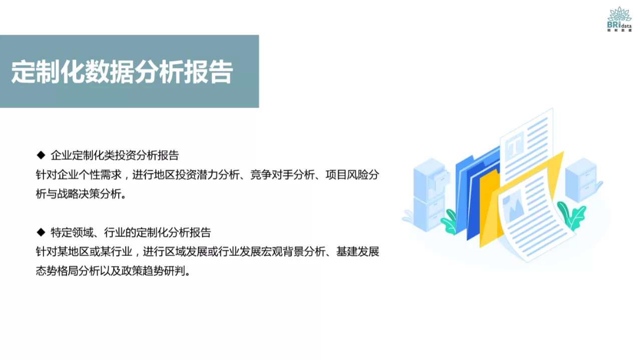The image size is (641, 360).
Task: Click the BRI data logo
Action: (619, 19)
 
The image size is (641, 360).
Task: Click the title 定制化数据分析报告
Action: (122, 72)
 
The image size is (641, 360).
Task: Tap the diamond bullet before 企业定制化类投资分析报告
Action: (41, 155)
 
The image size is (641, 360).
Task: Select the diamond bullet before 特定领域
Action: (41, 232)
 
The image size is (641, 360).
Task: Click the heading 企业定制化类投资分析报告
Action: (115, 155)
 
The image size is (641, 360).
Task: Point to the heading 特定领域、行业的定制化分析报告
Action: (131, 232)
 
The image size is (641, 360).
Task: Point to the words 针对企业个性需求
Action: (79, 175)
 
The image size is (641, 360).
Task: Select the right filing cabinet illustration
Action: (582, 180)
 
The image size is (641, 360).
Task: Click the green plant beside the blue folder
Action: (449, 222)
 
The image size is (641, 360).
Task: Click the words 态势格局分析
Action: (63, 271)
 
